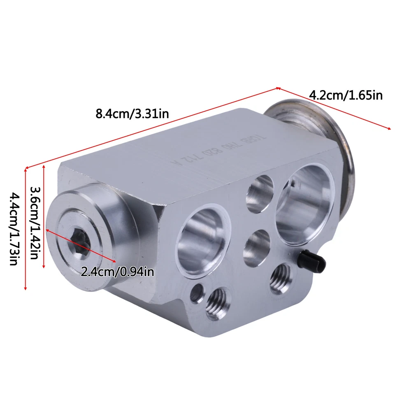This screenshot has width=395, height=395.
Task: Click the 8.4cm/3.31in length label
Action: (x=132, y=113)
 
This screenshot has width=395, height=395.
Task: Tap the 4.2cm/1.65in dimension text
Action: (x=346, y=95)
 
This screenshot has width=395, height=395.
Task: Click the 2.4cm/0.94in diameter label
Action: (x=118, y=272)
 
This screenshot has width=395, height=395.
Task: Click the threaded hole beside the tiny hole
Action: (x=217, y=302)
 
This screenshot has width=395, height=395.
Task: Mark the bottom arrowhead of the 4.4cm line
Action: (x=26, y=289)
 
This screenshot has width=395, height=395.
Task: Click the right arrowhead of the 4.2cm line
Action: (x=389, y=129)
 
